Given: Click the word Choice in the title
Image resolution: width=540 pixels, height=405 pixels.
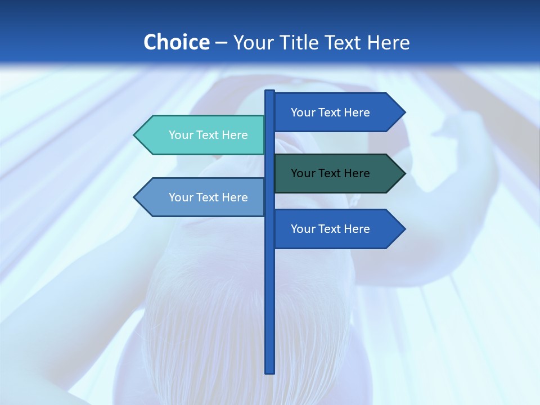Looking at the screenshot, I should click(176, 42).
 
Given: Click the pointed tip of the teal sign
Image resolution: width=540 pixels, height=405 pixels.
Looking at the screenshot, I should click(135, 135).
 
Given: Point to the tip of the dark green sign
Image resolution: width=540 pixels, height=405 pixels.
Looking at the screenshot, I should click(404, 173).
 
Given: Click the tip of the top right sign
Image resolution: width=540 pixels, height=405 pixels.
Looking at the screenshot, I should click(404, 112).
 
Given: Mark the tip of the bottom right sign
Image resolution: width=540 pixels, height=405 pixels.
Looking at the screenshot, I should click(404, 229).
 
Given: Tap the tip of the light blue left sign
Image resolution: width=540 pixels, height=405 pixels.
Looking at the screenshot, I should click(135, 197).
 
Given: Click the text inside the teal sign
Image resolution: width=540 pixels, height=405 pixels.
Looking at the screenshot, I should click(208, 135).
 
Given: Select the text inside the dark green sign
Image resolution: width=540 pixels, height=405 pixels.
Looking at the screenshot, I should click(330, 173).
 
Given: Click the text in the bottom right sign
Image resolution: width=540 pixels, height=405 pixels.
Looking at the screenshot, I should click(330, 229).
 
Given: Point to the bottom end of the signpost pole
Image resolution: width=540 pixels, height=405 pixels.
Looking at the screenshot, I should click(270, 371).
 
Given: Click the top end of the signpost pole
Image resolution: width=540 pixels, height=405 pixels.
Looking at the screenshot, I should click(270, 92).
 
